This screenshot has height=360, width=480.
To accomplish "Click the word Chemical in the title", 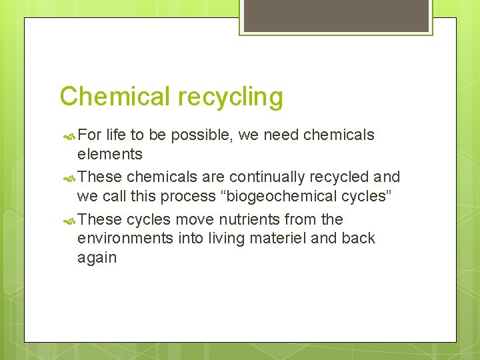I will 115,97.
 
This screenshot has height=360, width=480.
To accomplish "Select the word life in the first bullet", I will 116,135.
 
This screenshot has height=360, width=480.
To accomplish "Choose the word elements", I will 109,154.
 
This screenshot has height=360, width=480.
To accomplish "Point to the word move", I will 196,219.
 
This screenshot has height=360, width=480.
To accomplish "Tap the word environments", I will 126,238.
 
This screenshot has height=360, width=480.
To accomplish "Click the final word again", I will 97,257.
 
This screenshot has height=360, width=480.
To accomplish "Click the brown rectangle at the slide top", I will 336,16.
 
